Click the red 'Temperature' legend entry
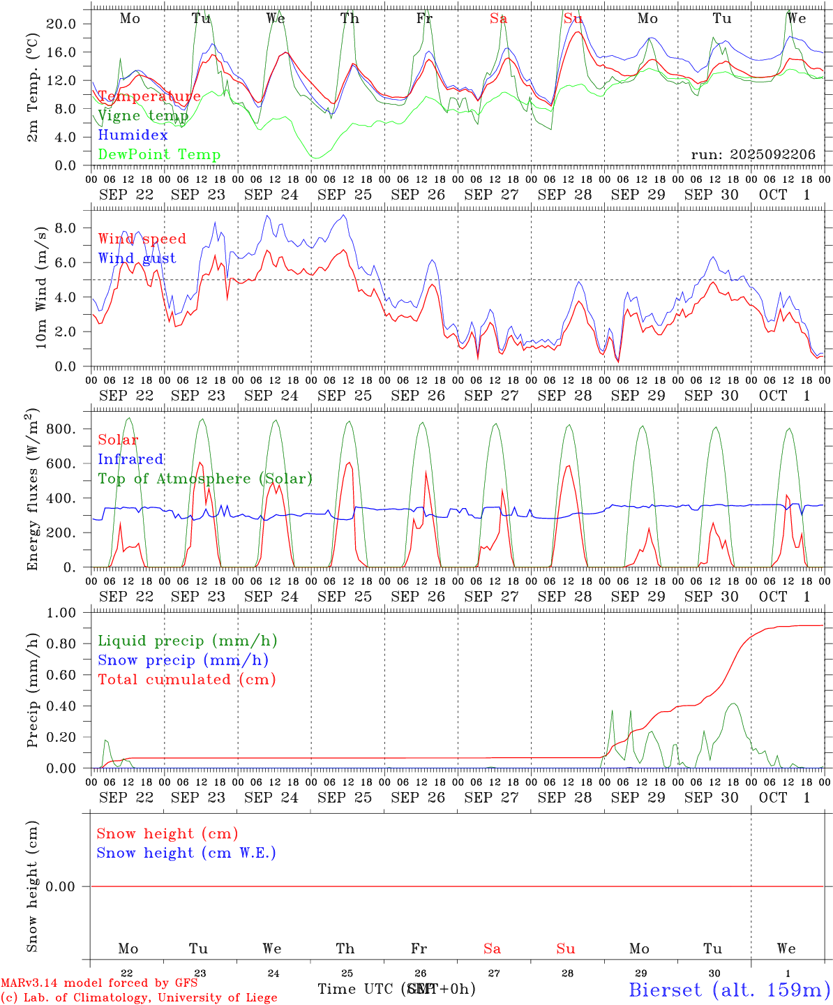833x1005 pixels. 149,96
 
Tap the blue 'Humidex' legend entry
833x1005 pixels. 133,135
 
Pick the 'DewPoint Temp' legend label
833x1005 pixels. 159,155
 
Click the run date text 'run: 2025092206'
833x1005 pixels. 753,155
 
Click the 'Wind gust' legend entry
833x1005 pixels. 137,258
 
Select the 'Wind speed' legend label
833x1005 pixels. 142,239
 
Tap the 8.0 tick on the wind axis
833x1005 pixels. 68,228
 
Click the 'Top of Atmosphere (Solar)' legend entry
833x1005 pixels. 204,479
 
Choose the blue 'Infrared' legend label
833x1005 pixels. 130,459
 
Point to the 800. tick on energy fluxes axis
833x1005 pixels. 61,429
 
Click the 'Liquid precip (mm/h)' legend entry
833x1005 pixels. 187,641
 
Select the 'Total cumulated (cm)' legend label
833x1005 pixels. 186,680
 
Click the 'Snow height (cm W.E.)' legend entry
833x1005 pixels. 186,853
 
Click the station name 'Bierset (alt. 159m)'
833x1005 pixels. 728,990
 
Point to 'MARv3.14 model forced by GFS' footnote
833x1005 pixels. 99,983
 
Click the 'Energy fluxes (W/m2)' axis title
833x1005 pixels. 33,491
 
